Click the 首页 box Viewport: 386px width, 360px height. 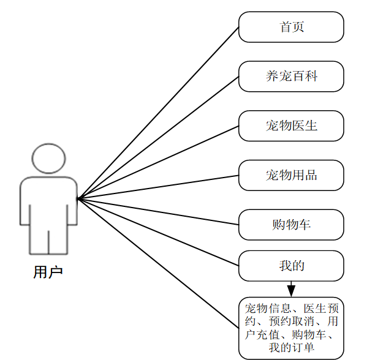coord(291,28)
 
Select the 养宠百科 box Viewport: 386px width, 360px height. coord(291,77)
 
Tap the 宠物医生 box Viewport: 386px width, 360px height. coord(291,126)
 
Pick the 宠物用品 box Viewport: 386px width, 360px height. coord(291,176)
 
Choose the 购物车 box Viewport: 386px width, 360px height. coord(291,225)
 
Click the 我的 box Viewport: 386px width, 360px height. coord(291,266)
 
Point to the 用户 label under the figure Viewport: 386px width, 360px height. coord(48,272)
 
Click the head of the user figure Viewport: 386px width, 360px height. coord(48,158)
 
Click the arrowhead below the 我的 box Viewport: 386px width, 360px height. coord(291,288)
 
